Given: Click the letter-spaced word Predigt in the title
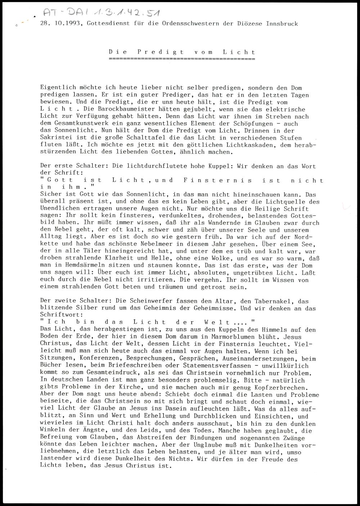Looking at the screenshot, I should pyautogui.click(x=161, y=52).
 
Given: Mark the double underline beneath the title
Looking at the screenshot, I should pyautogui.click(x=182, y=58).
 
